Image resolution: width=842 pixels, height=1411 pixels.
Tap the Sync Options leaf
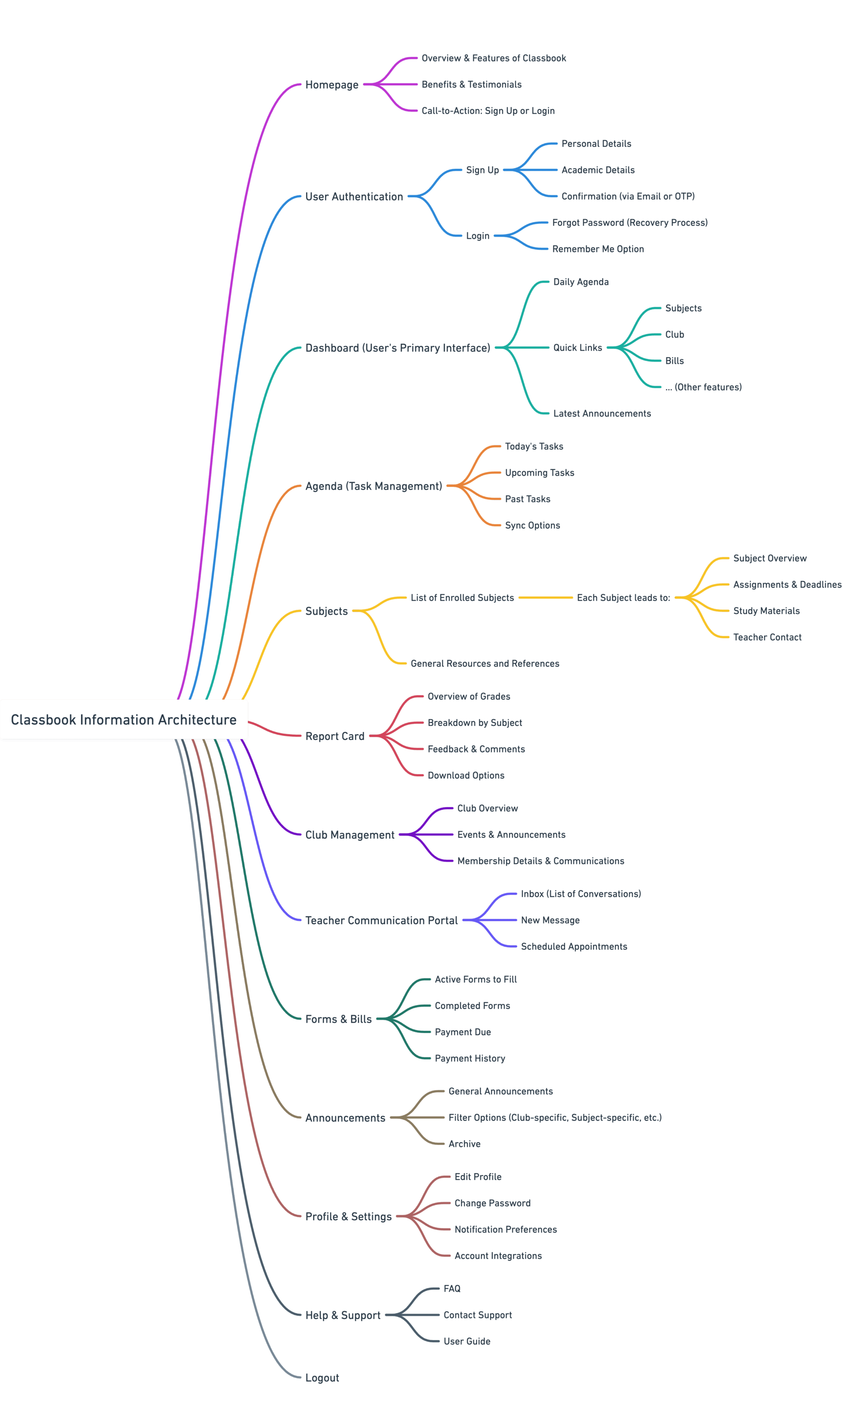(x=532, y=525)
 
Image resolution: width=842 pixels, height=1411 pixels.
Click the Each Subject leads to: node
(x=623, y=598)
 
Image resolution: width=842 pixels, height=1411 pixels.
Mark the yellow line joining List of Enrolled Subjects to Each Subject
(x=545, y=598)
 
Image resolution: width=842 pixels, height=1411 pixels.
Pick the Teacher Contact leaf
(x=767, y=637)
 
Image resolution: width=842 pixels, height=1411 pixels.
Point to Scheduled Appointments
(x=574, y=946)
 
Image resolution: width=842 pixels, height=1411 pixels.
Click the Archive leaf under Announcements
(x=464, y=1144)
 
